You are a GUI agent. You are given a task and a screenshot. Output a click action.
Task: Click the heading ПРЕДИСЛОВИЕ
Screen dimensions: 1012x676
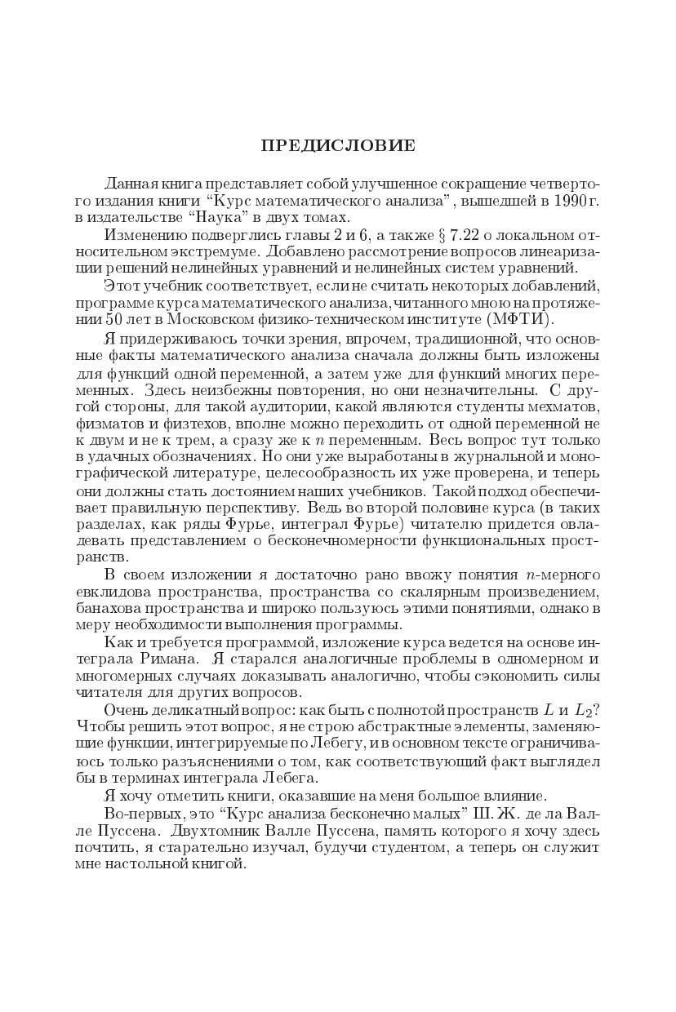[338, 146]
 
